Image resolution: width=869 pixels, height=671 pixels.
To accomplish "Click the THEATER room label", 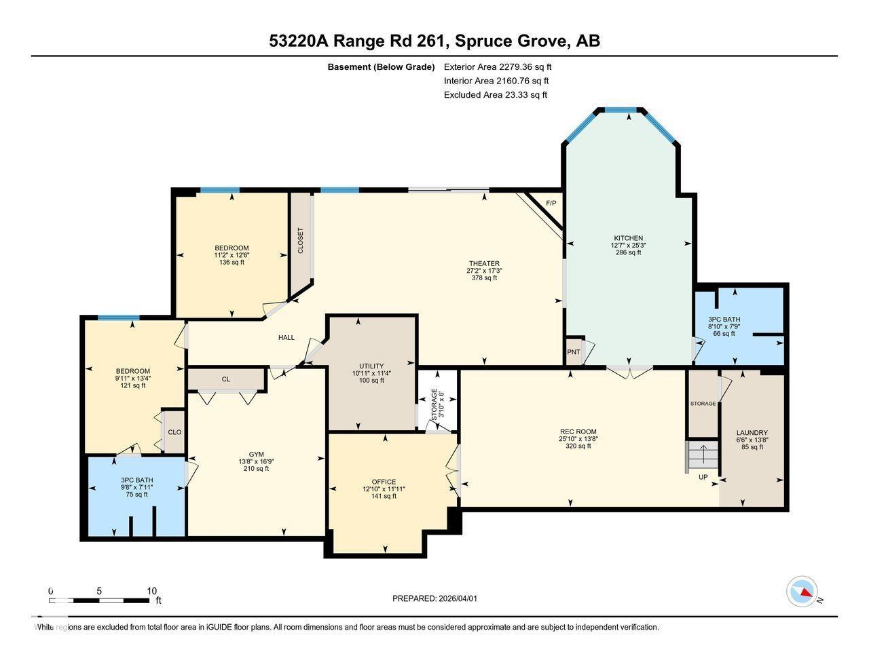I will (x=484, y=263).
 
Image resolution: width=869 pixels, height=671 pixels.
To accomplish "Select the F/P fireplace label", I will (x=551, y=203).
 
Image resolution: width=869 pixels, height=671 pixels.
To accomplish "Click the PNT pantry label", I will (x=574, y=351).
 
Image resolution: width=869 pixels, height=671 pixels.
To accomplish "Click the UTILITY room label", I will (x=371, y=366).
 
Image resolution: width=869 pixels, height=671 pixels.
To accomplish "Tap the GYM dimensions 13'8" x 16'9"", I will (x=256, y=461).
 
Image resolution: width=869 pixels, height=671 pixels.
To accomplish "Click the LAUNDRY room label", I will (x=752, y=433).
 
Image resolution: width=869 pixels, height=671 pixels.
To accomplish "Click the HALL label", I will (x=286, y=337).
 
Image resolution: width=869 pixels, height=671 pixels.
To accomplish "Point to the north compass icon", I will (x=802, y=592).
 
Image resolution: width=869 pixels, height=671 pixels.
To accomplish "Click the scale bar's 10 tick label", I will (x=152, y=591).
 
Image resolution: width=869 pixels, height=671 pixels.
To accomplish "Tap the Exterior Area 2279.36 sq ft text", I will (x=498, y=66).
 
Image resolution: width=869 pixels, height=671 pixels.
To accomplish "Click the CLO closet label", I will (x=174, y=432).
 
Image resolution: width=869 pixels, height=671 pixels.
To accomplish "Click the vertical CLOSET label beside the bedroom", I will (x=301, y=240).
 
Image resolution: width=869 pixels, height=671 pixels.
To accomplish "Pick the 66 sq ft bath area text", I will (x=724, y=333).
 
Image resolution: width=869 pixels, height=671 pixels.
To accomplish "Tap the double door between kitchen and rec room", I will (x=629, y=370).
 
